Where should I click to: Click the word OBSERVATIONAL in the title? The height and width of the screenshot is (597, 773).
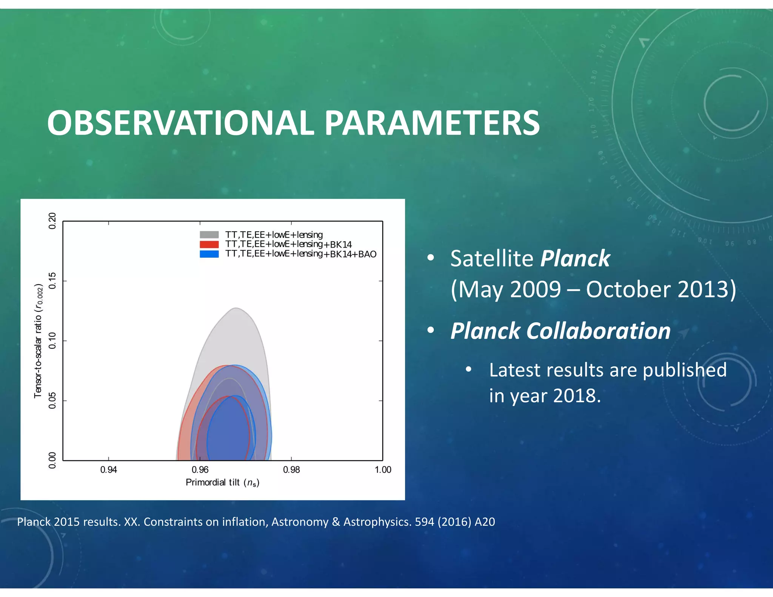tap(180, 123)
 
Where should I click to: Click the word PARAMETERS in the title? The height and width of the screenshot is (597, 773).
tap(432, 123)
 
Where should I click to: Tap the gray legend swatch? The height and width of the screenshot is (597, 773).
tap(209, 235)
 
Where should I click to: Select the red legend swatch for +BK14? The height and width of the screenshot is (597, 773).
tap(209, 244)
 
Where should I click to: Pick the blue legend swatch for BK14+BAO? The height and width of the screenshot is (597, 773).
tap(209, 254)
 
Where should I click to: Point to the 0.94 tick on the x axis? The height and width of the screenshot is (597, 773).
tap(108, 469)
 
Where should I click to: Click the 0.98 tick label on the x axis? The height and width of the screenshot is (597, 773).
tap(291, 469)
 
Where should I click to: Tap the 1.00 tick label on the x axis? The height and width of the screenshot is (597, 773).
tap(383, 469)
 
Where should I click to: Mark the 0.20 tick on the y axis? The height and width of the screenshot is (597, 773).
tap(52, 221)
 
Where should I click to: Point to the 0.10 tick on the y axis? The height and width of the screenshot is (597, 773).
tap(52, 340)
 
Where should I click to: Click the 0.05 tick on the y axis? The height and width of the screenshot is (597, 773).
tap(52, 400)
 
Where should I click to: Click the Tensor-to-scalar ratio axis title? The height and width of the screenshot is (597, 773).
tap(38, 340)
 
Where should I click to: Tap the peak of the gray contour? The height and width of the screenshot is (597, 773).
tap(236, 308)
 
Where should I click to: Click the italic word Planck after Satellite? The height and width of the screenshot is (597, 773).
tap(575, 259)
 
